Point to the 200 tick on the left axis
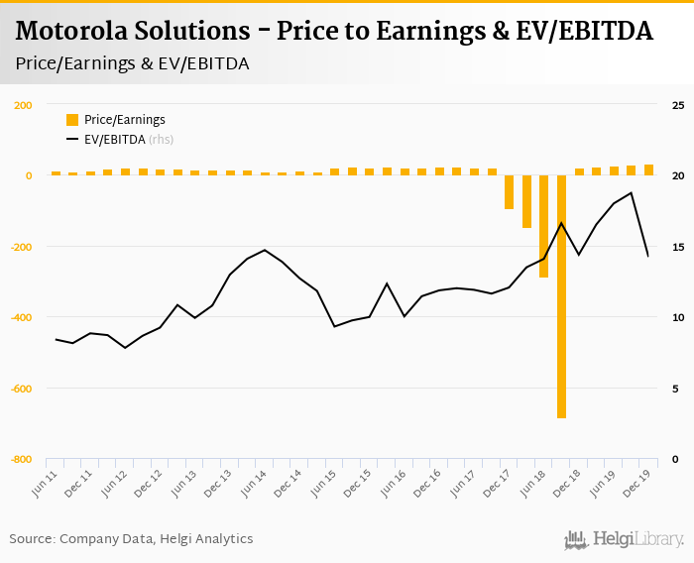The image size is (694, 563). coord(23,105)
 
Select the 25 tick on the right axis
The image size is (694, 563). coord(678,105)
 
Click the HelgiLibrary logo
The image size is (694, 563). coord(624,539)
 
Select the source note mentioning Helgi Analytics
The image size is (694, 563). coord(131,539)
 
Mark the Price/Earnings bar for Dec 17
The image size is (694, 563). coord(510,192)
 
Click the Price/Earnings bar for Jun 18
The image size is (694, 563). coord(526,201)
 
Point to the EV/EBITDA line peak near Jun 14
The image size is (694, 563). coord(265,250)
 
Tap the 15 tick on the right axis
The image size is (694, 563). coord(678,247)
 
